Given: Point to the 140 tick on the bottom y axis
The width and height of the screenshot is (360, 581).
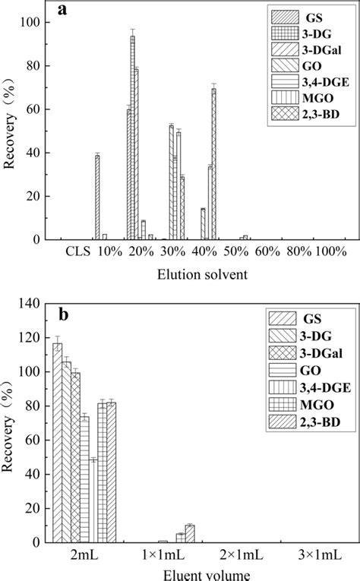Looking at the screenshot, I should pyautogui.click(x=35, y=303).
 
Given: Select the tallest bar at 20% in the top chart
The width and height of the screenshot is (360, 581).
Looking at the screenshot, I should pyautogui.click(x=133, y=137).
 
